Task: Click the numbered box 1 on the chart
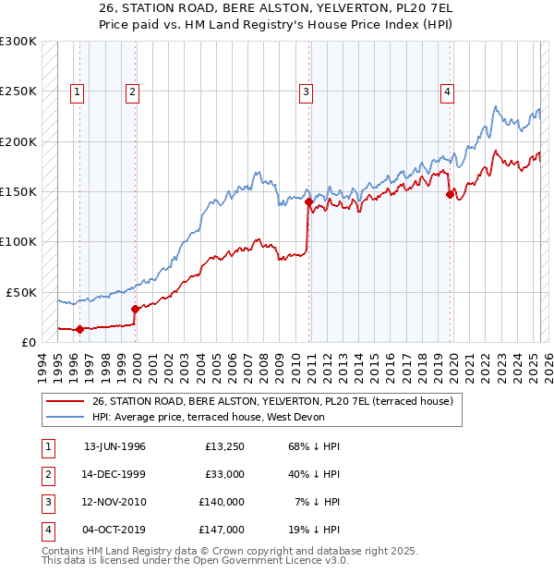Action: (76, 91)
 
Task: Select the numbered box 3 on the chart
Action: (305, 91)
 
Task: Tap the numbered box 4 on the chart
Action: (446, 91)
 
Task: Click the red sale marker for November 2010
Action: (307, 201)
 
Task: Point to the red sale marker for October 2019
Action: (450, 194)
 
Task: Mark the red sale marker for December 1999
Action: (135, 309)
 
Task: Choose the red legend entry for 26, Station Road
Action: (271, 402)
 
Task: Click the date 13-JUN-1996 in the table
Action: (114, 446)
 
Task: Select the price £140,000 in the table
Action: (222, 502)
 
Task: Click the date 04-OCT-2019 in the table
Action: (114, 530)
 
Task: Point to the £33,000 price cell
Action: (224, 474)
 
